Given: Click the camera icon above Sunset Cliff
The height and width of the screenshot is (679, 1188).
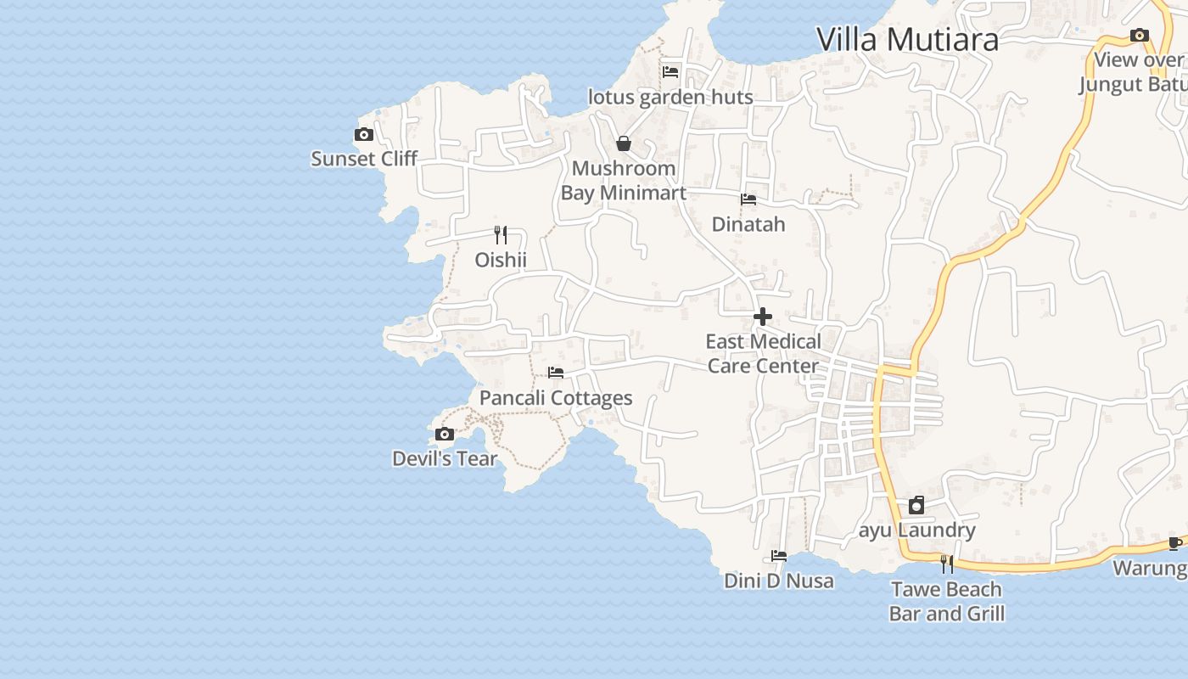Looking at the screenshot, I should click(363, 135).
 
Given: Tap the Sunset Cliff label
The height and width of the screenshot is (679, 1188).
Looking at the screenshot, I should click(364, 159).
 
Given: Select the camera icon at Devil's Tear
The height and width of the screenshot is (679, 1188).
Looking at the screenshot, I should click(444, 435).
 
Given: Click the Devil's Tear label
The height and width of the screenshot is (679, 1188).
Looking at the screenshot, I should click(445, 458).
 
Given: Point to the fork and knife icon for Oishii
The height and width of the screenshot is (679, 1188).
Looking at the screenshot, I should click(501, 235).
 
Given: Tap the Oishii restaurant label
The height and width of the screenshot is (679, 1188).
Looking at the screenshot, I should click(501, 260).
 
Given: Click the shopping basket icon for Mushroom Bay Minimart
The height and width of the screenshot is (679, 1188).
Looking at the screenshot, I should click(624, 143).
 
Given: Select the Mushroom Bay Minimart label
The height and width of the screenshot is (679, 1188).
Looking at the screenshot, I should click(624, 181).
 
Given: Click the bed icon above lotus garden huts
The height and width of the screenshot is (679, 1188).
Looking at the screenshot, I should click(670, 72).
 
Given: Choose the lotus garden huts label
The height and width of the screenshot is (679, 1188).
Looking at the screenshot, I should click(670, 97).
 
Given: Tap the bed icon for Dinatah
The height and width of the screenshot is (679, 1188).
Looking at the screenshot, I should click(748, 199).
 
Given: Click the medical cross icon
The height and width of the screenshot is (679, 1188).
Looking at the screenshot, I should click(763, 317).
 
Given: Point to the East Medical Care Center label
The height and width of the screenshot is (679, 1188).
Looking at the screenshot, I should click(763, 354).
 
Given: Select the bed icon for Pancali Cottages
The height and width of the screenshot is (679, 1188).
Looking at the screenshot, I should click(556, 373).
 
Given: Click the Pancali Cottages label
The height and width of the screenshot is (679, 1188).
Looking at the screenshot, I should click(556, 398).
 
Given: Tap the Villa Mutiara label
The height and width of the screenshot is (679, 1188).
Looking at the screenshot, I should click(907, 39).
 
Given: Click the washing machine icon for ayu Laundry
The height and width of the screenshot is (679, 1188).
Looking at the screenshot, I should click(916, 506).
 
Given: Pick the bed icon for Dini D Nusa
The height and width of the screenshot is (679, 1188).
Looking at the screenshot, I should click(779, 556).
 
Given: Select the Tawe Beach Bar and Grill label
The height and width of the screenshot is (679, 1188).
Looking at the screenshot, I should click(947, 601).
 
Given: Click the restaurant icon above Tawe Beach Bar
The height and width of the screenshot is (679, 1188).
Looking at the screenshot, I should click(947, 564).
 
